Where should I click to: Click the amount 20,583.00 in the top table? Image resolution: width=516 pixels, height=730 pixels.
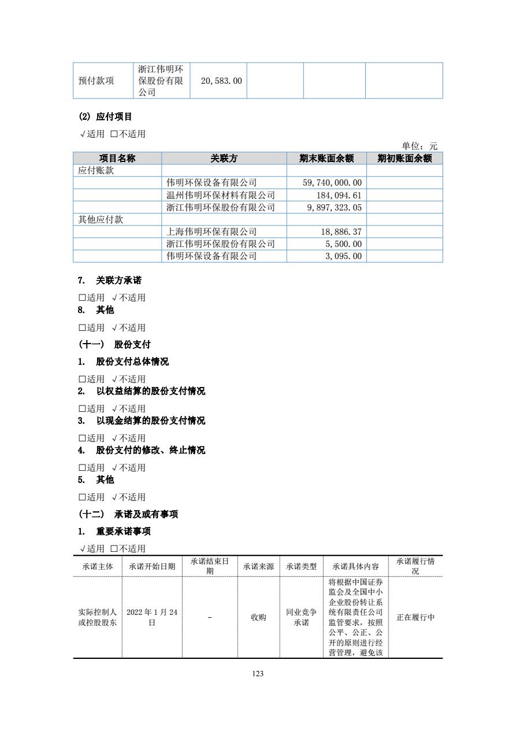(221, 81)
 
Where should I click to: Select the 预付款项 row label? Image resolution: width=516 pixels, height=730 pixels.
(96, 81)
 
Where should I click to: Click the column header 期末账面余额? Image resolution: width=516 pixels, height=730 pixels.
(326, 158)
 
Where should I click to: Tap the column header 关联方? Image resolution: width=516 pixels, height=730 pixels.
(224, 158)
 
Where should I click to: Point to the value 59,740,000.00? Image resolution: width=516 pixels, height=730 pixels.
(332, 183)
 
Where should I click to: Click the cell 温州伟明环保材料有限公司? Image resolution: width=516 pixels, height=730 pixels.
(221, 196)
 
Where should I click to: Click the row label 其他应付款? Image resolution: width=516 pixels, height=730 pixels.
(101, 220)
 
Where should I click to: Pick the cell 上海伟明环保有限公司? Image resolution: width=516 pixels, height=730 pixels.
(211, 232)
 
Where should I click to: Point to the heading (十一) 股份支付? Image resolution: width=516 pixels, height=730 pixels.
(114, 345)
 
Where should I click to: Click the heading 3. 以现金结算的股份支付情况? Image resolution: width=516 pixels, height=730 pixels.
(142, 421)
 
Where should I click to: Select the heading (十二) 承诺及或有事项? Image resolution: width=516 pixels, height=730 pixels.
(128, 514)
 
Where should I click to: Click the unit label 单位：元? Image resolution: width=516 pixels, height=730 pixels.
(420, 146)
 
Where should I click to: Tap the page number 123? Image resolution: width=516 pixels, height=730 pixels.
(258, 673)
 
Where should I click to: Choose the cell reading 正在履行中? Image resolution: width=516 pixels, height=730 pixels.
(415, 617)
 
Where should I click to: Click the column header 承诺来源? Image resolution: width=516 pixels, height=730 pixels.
(258, 566)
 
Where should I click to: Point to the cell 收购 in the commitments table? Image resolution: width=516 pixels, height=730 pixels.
(258, 617)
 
